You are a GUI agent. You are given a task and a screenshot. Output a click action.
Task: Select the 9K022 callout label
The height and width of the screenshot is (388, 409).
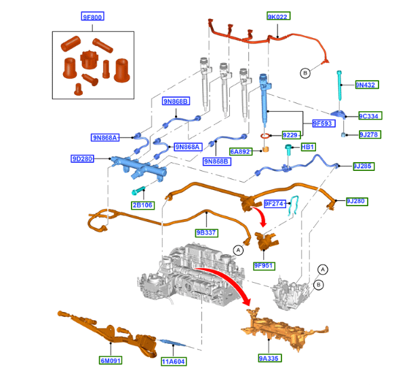(x=278, y=17)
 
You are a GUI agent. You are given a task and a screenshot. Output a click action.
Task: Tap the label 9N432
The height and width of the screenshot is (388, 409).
(x=367, y=85)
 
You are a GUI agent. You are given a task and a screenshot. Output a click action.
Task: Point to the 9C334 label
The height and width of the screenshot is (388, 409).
(x=368, y=115)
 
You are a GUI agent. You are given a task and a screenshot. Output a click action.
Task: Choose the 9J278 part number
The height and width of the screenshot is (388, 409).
(x=368, y=134)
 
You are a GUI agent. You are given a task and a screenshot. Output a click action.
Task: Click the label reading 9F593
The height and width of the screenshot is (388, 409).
(x=322, y=123)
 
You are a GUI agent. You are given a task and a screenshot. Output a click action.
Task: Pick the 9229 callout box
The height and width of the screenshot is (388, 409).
(x=290, y=135)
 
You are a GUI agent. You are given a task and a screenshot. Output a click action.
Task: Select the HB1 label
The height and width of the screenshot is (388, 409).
(x=308, y=147)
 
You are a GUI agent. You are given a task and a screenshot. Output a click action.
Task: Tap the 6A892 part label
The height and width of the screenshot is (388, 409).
(x=240, y=152)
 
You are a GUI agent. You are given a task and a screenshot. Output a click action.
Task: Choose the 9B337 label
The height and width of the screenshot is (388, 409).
(x=206, y=233)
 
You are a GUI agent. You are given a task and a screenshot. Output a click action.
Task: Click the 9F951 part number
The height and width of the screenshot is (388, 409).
(x=264, y=265)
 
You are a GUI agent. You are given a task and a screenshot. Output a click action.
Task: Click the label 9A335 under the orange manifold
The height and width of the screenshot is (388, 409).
(x=269, y=357)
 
